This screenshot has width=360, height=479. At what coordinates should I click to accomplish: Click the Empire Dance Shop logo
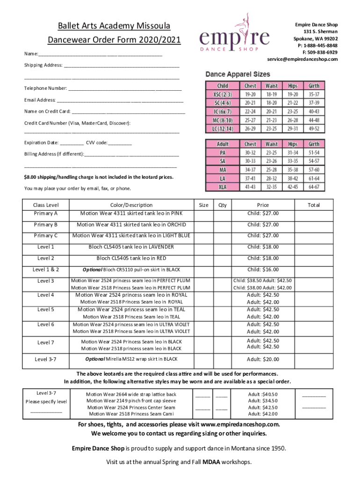[x=234, y=36]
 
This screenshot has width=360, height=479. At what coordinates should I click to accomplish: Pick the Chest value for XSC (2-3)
[x=250, y=94]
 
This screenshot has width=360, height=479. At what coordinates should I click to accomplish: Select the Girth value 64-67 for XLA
[x=314, y=187]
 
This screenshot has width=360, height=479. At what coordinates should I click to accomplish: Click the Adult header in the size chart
[x=223, y=144]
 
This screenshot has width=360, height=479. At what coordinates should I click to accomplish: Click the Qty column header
[x=223, y=205]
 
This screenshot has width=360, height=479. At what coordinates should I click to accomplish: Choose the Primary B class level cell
[x=46, y=225]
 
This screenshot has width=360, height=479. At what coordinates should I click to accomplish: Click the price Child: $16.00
[x=263, y=269]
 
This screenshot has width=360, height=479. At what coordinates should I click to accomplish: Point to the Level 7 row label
[x=46, y=342]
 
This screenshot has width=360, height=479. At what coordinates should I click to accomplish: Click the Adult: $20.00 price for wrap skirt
[x=263, y=359]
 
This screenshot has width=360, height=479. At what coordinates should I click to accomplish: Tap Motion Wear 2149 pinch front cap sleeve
[x=131, y=400]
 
